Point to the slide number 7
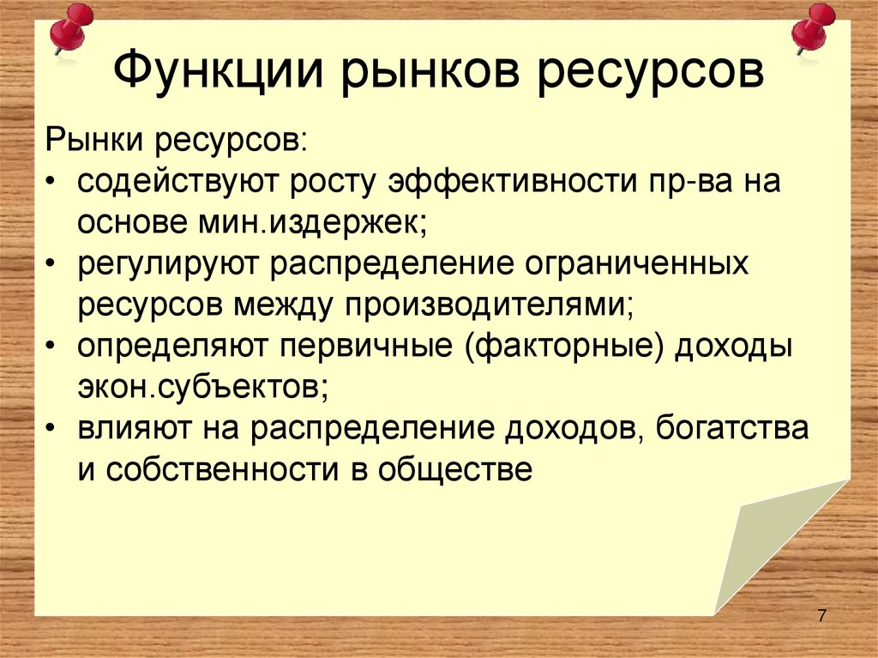(x=822, y=615)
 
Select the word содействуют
(x=179, y=183)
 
